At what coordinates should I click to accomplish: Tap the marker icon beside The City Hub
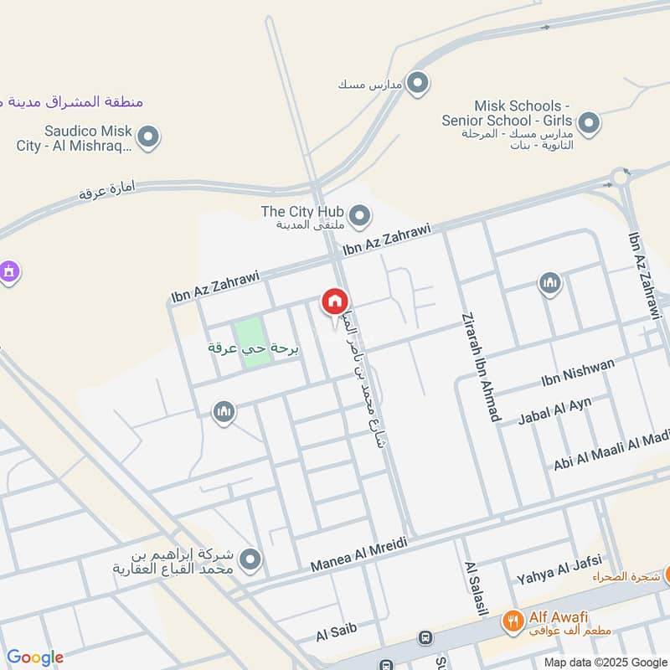(360, 216)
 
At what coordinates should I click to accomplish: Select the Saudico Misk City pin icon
(148, 137)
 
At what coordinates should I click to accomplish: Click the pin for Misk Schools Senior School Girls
(589, 124)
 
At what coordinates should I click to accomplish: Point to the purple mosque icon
(9, 272)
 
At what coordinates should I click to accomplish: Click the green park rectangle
(252, 342)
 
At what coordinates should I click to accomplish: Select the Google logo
(35, 657)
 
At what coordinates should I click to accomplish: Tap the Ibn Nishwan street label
(578, 374)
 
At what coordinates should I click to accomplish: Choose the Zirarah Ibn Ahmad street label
(481, 367)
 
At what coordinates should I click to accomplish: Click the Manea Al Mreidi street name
(358, 555)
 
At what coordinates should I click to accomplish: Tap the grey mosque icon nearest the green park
(223, 411)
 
